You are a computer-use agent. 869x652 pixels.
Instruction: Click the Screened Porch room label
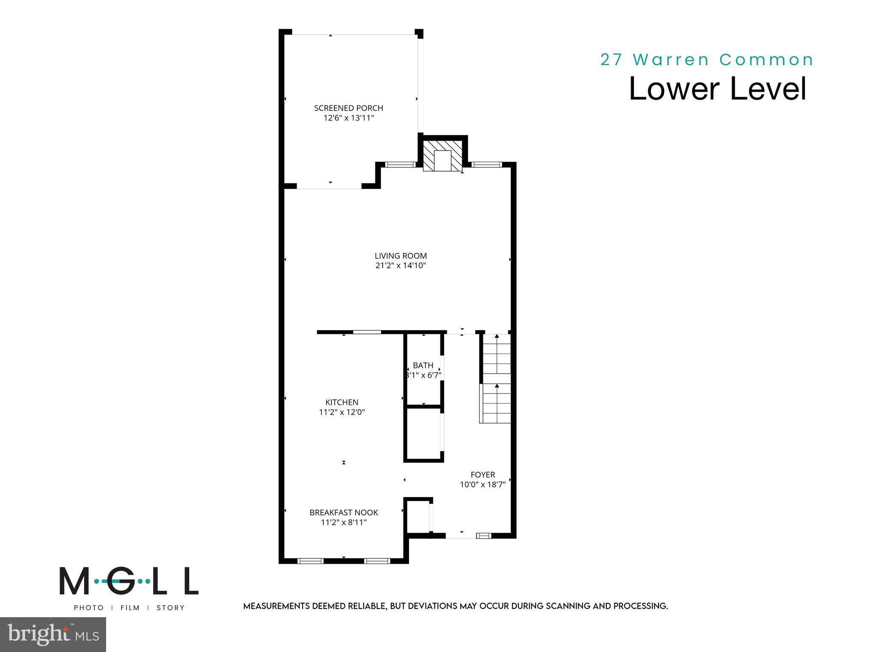(x=348, y=108)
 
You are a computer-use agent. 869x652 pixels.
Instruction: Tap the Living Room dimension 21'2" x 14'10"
(x=401, y=266)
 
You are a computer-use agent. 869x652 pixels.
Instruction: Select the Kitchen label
(x=342, y=402)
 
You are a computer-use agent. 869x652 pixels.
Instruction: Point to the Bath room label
(x=423, y=365)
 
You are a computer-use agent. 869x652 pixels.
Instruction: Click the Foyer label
(x=483, y=475)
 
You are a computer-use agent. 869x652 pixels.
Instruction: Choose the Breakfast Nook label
(x=344, y=513)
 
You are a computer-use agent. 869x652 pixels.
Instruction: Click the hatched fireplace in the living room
(x=443, y=156)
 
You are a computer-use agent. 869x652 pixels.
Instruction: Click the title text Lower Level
(x=717, y=89)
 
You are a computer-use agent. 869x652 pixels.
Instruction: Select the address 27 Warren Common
(x=707, y=60)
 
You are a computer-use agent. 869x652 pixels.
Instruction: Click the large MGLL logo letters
(x=129, y=581)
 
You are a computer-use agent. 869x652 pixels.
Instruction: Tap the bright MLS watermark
(x=53, y=635)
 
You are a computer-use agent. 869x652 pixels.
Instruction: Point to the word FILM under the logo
(x=130, y=608)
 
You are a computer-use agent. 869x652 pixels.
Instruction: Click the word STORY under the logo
(x=171, y=608)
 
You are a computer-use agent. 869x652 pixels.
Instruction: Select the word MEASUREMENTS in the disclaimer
(x=277, y=606)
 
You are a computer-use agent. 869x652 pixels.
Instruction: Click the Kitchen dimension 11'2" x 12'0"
(x=342, y=412)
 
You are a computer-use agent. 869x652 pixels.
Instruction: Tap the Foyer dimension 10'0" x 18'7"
(x=483, y=485)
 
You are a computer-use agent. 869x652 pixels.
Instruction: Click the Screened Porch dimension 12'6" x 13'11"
(x=349, y=118)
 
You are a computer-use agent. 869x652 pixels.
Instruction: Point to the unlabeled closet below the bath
(x=423, y=435)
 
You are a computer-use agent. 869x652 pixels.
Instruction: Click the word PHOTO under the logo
(x=89, y=608)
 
